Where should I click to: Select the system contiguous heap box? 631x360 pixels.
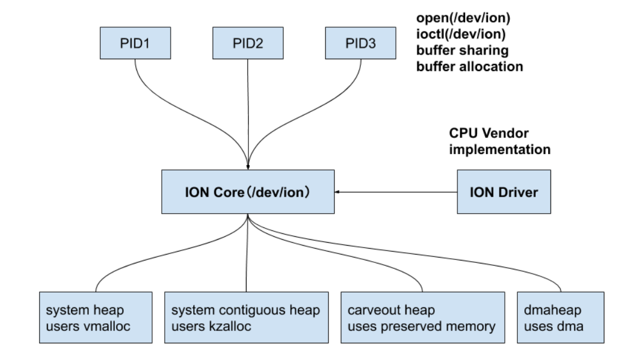[x=246, y=317]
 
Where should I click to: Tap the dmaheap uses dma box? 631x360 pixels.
[x=560, y=317]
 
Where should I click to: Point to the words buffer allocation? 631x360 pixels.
[x=469, y=66]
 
